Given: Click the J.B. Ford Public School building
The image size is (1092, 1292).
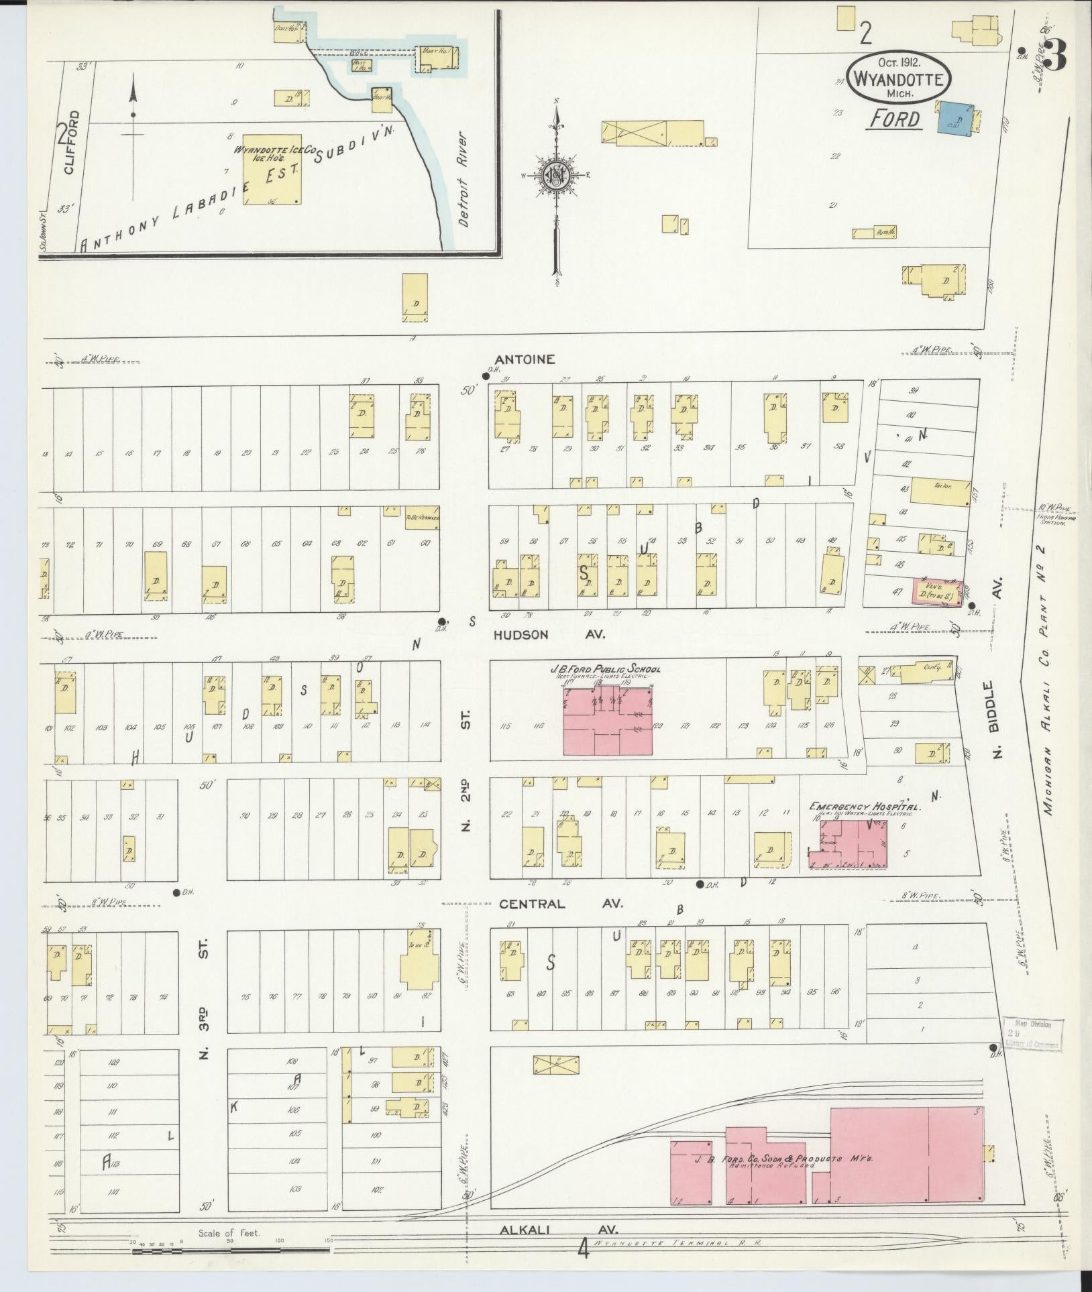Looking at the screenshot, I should coord(608,721).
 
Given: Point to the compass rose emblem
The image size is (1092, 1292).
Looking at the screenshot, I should coord(556,175).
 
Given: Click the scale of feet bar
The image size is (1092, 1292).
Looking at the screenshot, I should coord(228,1248).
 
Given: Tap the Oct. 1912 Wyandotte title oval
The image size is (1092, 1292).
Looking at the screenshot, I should coord(898,78).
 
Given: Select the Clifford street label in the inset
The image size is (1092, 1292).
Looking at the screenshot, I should coord(72,142).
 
